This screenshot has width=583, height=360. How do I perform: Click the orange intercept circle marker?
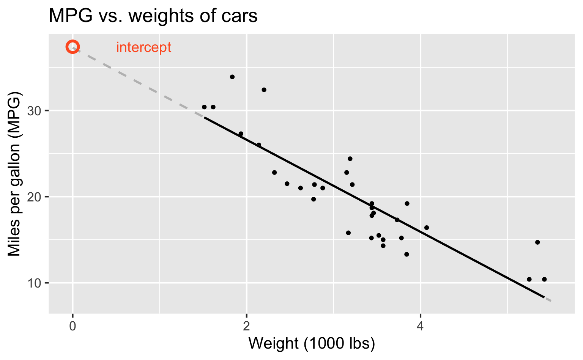72,47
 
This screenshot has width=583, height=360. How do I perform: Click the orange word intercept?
143,48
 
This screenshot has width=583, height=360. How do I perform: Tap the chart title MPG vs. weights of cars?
153,16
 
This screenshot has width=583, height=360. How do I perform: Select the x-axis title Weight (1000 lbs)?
312,343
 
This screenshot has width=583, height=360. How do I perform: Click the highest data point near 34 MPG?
232,77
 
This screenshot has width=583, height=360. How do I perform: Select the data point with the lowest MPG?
529,279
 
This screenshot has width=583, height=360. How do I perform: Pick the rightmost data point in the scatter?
544,279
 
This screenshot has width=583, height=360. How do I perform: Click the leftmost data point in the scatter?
204,107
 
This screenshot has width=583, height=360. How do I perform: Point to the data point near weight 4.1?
427,228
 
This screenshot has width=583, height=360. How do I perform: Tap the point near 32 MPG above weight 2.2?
264,90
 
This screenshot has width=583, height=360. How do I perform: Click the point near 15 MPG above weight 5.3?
537,242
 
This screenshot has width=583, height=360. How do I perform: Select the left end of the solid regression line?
205,118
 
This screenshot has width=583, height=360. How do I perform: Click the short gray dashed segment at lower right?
548,300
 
